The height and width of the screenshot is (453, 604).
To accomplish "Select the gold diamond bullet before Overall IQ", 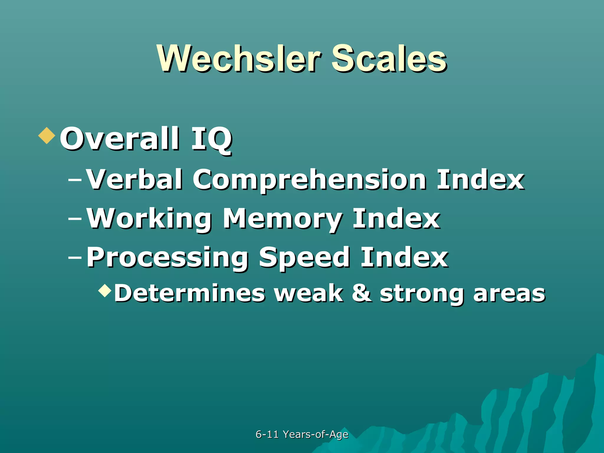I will [x=47, y=136].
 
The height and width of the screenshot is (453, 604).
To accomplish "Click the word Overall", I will [x=119, y=139].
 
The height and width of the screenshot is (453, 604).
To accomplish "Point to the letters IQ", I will [x=211, y=139].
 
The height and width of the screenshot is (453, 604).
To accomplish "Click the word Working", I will [x=149, y=219].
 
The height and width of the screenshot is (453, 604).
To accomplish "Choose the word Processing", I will [x=167, y=258].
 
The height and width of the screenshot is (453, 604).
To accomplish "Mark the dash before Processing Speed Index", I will [x=75, y=257].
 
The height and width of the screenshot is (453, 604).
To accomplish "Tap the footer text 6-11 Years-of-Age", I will [x=302, y=434].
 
